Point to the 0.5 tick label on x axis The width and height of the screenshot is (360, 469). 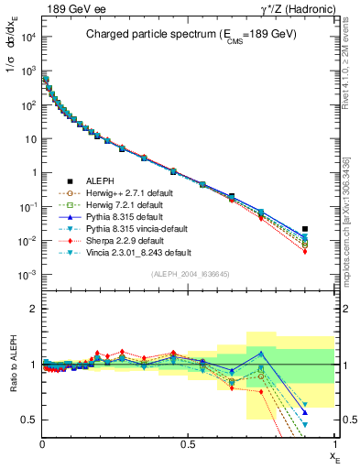point(189,443)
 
